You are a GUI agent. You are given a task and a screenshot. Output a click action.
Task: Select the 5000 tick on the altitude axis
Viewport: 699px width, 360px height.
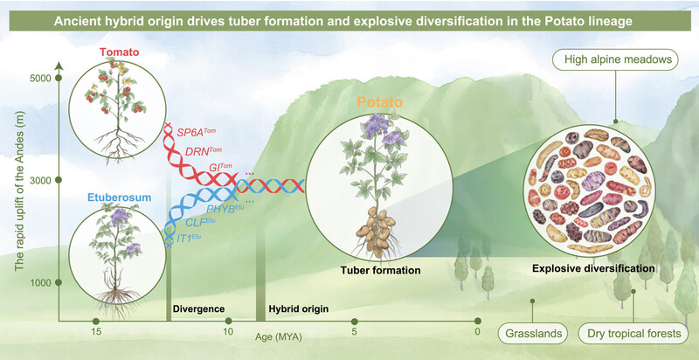59,78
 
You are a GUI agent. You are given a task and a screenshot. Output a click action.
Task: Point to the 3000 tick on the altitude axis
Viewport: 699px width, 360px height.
59,180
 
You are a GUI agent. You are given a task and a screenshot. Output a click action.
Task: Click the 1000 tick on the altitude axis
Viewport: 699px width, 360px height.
59,283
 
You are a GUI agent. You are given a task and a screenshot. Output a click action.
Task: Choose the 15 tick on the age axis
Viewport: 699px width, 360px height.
96,321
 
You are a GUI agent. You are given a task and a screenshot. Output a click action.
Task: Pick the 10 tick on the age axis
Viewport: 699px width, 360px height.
227,321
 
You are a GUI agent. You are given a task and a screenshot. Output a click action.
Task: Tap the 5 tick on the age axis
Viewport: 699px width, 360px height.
354,321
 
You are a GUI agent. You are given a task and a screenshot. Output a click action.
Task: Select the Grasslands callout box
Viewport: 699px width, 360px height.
529,333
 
